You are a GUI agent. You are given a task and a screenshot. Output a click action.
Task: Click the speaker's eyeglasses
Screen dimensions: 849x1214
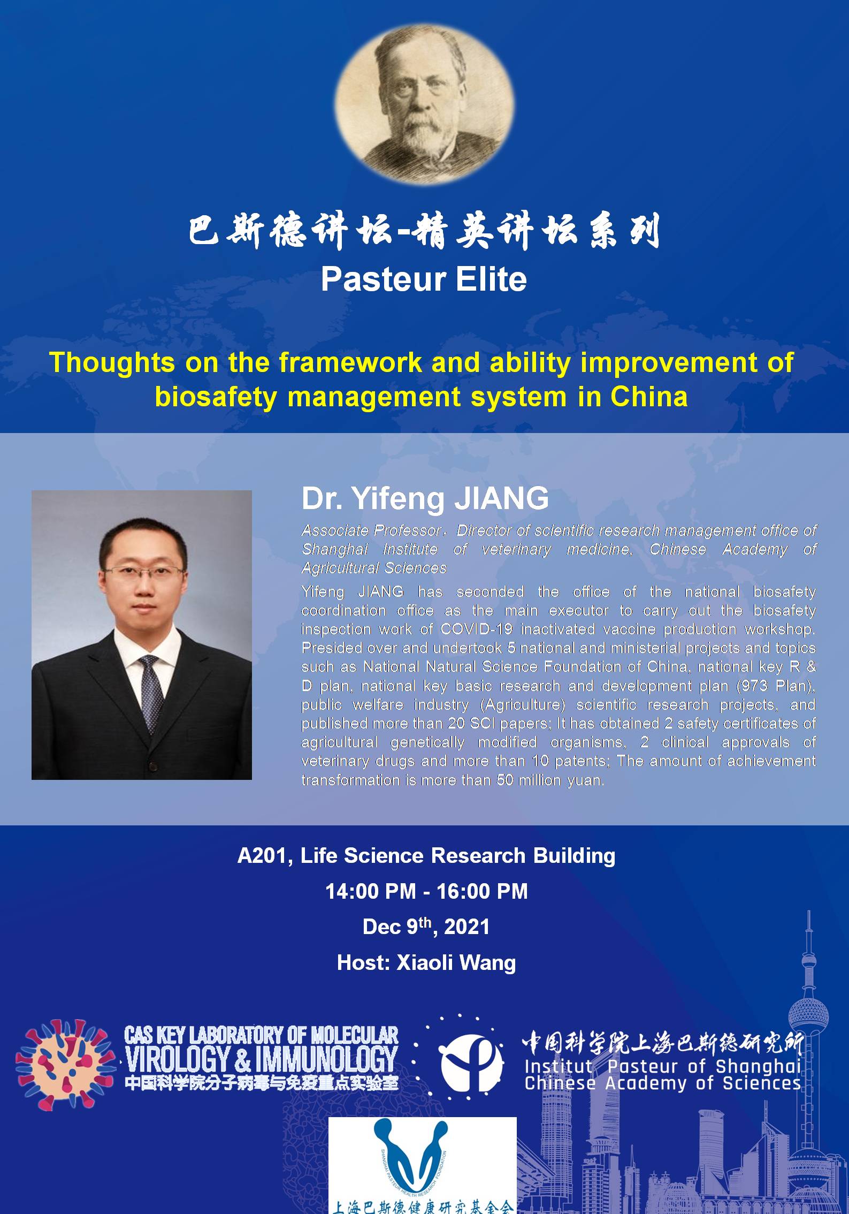[143, 573]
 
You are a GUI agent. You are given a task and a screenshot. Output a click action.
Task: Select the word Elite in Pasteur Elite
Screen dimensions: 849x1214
[491, 279]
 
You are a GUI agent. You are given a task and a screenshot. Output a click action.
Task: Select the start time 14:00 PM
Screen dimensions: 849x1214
[370, 892]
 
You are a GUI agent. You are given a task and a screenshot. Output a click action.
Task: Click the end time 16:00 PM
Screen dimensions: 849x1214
[482, 892]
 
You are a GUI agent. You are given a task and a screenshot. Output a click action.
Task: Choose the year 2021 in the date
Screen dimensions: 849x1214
[466, 927]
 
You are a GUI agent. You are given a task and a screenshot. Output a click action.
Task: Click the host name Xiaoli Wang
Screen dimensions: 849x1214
[456, 963]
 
